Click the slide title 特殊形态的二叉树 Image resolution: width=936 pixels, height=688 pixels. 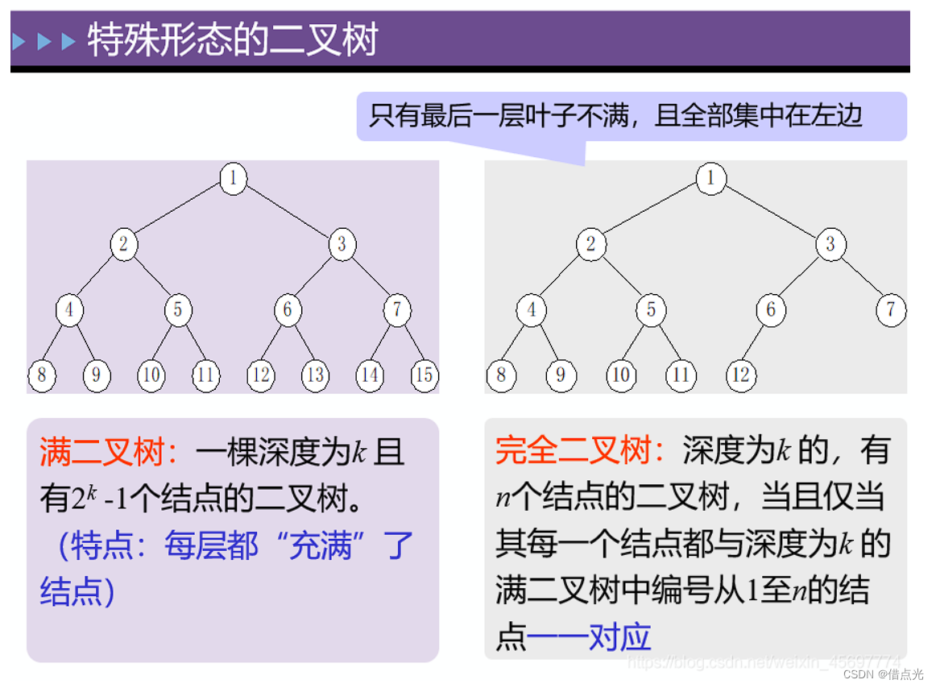click(232, 39)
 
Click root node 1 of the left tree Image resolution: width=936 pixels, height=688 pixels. click(233, 178)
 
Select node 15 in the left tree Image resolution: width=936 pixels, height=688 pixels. click(424, 375)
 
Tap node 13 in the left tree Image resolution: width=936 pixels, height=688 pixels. click(315, 375)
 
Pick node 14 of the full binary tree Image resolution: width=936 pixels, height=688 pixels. click(370, 375)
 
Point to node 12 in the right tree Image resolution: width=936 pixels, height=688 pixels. click(741, 375)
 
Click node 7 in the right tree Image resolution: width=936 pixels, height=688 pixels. click(891, 310)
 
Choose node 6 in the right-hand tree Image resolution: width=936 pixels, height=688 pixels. click(771, 310)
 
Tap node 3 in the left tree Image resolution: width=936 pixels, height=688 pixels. click(342, 244)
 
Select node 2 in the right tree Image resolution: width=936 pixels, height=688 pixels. click(590, 244)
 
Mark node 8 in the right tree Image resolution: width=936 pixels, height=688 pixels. click(501, 375)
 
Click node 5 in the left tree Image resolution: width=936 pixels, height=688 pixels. click(178, 310)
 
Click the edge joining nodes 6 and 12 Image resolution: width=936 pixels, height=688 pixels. click(756, 342)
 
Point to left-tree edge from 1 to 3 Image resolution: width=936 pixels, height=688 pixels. click(288, 211)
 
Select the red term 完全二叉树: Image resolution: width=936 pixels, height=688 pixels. click(581, 451)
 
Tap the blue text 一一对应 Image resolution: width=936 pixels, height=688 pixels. click(589, 637)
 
